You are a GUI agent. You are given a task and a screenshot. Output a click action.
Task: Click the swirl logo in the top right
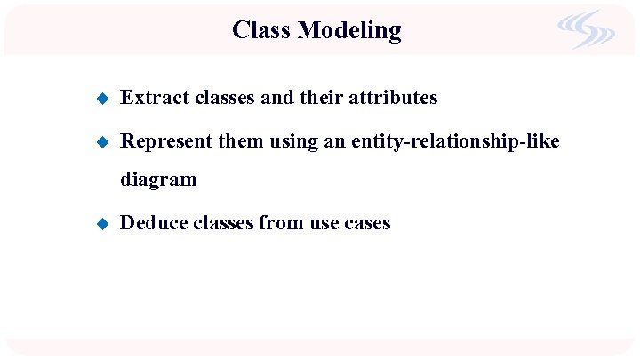[x=586, y=29]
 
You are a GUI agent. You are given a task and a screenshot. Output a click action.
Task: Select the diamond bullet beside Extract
[x=101, y=98]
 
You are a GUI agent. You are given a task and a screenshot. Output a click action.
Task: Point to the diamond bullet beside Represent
[x=101, y=141]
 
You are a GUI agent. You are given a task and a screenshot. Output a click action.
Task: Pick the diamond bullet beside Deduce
[x=101, y=223]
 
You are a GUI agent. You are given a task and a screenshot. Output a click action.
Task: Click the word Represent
[x=165, y=141]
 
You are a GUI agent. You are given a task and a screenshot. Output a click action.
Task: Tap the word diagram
[x=158, y=180]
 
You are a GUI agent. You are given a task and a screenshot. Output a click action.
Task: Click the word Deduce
[x=152, y=223]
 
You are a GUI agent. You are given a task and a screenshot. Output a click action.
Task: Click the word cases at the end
[x=367, y=223]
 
